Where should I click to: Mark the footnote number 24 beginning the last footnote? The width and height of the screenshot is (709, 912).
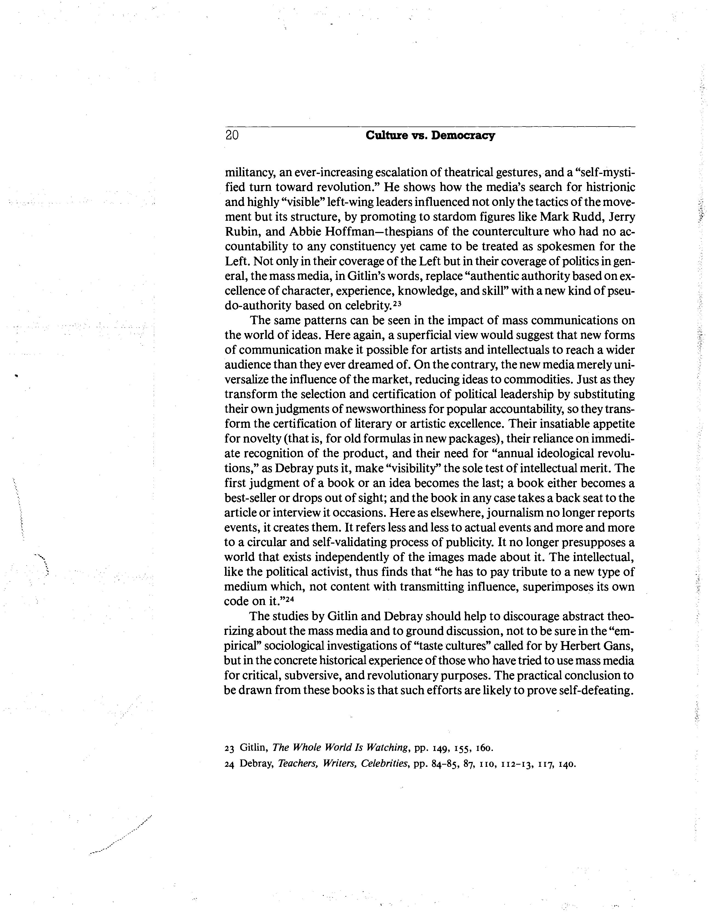pos(229,765)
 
